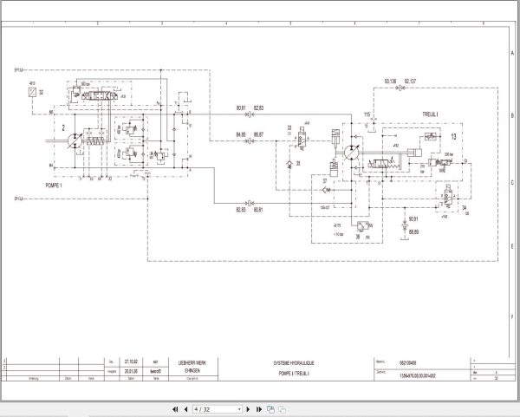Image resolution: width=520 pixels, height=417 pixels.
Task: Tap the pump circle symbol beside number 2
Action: [76, 140]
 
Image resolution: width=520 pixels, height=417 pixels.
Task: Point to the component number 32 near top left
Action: [40, 89]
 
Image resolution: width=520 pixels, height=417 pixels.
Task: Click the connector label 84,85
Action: [241, 134]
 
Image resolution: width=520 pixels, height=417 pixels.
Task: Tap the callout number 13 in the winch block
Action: [453, 135]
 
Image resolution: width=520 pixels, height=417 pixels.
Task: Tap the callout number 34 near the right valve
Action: [465, 208]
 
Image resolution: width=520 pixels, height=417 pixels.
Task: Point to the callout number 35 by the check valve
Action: [297, 162]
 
